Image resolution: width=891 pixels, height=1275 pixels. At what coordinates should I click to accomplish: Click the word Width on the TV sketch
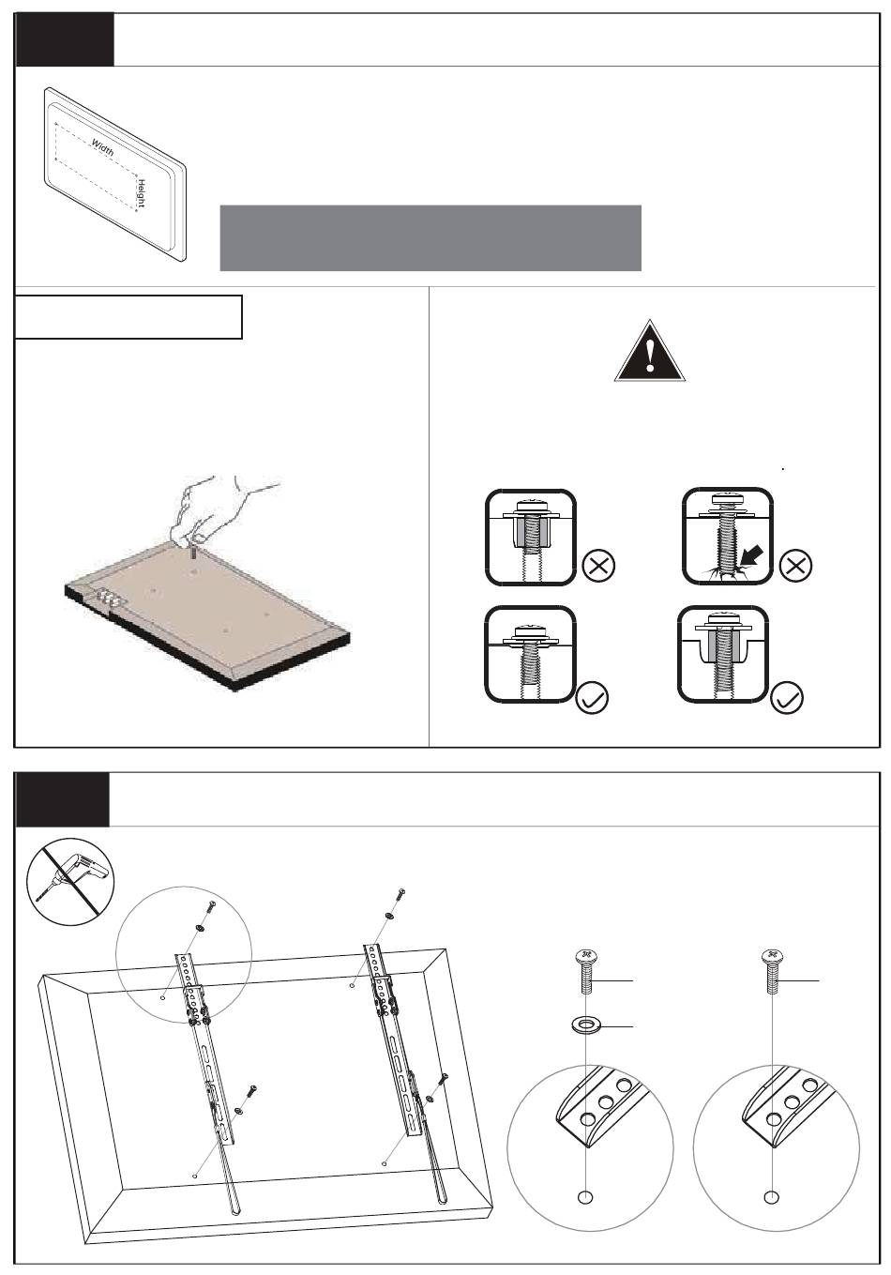103,146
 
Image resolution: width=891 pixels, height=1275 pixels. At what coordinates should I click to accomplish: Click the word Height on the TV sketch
141,194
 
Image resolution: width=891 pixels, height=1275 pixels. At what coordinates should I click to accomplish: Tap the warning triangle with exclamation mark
650,351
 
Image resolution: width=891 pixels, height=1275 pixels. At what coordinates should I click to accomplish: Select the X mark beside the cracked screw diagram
796,566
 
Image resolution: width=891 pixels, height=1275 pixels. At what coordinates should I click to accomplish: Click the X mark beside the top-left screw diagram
597,566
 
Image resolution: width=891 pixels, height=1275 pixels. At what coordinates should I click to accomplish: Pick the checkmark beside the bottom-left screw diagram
593,700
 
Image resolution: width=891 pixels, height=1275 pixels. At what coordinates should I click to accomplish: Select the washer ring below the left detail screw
586,1024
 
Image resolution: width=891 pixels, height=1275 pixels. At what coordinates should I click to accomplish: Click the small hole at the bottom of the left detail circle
586,1197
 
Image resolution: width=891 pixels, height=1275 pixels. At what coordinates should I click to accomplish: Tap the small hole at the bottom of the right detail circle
771,1197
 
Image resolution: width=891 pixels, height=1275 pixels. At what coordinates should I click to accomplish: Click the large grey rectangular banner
430,238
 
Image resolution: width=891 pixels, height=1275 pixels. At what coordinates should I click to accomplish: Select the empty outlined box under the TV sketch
128,317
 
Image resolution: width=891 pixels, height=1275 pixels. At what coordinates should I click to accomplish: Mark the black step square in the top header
65,39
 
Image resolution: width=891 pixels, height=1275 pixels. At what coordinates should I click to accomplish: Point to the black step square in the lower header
62,799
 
